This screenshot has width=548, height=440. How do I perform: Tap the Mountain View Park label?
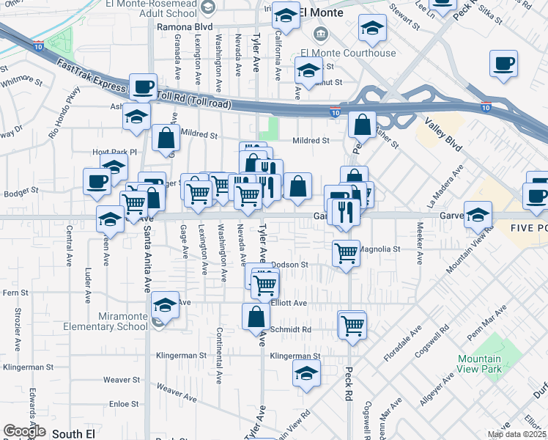pyautogui.click(x=479, y=364)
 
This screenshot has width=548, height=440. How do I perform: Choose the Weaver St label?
pyautogui.click(x=121, y=380)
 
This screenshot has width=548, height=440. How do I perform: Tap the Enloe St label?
pyautogui.click(x=123, y=404)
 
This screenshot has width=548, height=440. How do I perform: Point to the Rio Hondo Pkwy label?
pyautogui.click(x=64, y=122)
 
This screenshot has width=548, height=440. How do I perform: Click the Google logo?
pyautogui.click(x=24, y=431)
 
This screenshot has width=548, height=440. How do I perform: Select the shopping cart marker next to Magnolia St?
pyautogui.click(x=347, y=253)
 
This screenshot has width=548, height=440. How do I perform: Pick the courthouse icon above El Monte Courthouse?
pyautogui.click(x=320, y=34)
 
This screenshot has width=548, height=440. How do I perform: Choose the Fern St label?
pyautogui.click(x=15, y=293)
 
